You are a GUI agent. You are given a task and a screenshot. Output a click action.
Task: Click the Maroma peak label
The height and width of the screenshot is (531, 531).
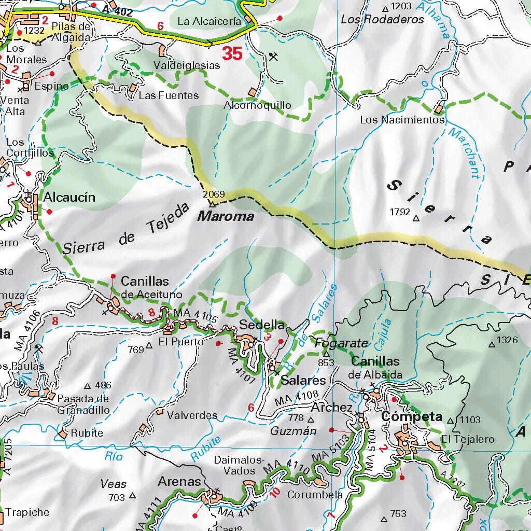[x=226, y=216]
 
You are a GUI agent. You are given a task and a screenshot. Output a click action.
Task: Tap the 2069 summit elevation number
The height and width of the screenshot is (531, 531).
[x=214, y=194]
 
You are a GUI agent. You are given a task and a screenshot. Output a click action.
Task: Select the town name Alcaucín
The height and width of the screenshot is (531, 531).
[x=69, y=197]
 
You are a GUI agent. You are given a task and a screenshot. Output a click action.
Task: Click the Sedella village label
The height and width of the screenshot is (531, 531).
[x=262, y=325]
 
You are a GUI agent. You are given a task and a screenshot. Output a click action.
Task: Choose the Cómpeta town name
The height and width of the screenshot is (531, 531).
[x=411, y=416]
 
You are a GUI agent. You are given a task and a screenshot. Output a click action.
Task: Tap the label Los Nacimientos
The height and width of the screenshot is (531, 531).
[x=402, y=120]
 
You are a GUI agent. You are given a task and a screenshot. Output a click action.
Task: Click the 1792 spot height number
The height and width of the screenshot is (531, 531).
[x=400, y=212]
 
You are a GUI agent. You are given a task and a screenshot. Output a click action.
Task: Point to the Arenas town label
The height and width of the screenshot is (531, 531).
[x=179, y=482]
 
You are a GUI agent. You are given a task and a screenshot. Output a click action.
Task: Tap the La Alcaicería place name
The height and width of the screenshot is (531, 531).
[x=209, y=21]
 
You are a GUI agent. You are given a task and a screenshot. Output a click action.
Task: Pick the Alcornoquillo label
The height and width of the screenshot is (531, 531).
[x=257, y=105]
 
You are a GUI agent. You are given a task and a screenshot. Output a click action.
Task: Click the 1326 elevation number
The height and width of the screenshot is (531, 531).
[x=507, y=340]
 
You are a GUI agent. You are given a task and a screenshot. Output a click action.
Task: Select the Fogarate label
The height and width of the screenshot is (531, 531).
[x=341, y=343]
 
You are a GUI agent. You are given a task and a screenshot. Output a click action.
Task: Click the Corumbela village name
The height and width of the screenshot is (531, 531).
[x=315, y=494]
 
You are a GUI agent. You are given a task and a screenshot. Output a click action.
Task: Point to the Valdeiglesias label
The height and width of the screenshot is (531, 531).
[x=187, y=66]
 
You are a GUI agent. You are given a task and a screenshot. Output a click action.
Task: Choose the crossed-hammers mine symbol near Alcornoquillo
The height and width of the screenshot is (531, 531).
[x=274, y=57]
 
